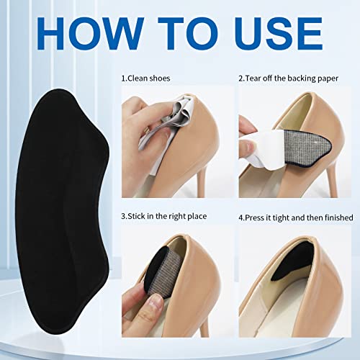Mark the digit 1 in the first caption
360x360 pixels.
(x=123, y=76)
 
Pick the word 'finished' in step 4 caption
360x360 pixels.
(x=336, y=217)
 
